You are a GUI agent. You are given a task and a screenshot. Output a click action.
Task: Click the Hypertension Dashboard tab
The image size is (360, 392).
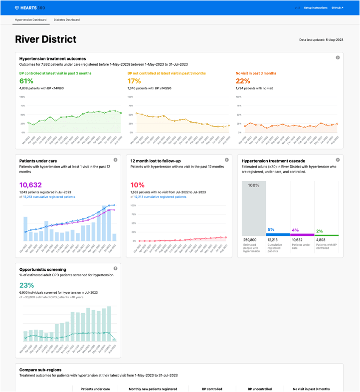(31, 20)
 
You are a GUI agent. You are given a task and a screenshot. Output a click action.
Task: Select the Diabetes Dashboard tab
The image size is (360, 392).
(66, 20)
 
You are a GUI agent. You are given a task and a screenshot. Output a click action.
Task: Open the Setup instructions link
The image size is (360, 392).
(316, 8)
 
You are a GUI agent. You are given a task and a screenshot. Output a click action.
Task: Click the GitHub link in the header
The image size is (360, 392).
(337, 8)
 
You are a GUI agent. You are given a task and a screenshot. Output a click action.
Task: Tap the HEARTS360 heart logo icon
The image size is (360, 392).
(17, 8)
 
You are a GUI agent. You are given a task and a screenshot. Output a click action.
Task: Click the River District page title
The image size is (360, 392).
(46, 39)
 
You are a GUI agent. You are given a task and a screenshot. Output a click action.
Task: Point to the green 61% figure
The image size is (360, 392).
(26, 81)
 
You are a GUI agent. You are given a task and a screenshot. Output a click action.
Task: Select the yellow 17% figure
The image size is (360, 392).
(134, 81)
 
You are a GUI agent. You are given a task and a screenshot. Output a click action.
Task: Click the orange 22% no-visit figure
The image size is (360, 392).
(243, 81)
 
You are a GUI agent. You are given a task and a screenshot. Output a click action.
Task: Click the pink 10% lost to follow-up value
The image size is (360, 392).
(137, 185)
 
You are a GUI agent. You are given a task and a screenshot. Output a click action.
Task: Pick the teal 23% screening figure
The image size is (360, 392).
(26, 285)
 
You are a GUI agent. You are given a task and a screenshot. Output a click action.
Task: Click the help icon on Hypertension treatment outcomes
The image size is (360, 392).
(338, 58)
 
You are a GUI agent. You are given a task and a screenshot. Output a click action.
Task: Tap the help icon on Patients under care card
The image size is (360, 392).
(116, 160)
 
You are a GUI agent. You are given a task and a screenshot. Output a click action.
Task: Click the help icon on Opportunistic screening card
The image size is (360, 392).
(116, 268)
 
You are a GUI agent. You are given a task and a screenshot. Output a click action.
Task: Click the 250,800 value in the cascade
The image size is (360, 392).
(250, 240)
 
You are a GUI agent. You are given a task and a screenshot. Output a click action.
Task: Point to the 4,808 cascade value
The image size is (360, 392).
(321, 240)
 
